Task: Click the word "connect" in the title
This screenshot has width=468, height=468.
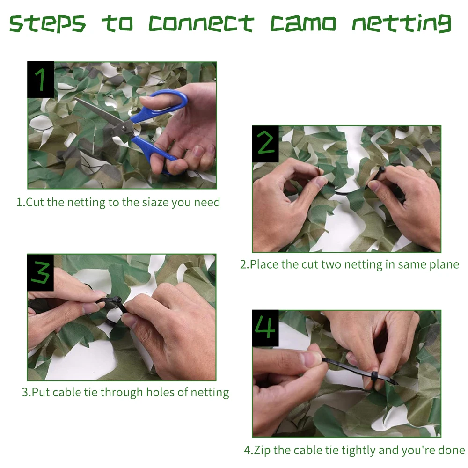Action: click(201, 23)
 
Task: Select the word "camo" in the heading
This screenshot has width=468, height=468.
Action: click(303, 23)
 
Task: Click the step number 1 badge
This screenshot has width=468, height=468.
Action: click(41, 79)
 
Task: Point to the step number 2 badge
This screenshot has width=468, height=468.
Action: click(265, 144)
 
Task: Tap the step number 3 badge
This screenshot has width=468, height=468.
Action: click(40, 272)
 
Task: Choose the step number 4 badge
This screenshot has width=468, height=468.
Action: click(265, 328)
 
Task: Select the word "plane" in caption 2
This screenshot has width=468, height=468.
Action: click(444, 265)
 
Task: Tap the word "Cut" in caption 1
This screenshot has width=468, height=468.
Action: click(35, 202)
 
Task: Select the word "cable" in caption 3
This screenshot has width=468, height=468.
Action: click(67, 392)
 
